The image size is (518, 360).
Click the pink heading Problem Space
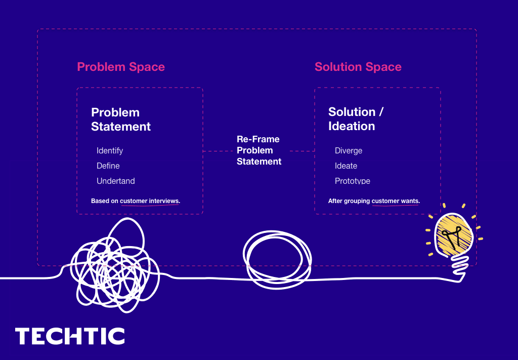pos(121,67)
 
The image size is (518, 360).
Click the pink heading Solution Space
pos(358,67)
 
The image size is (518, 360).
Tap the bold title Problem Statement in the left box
pos(121,119)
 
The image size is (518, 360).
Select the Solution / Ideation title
pos(356,119)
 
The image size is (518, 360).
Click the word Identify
pos(110,150)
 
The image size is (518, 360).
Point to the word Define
pos(108,166)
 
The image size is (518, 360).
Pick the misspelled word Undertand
pos(116,181)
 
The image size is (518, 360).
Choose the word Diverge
pos(349,150)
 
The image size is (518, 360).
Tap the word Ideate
pos(346,166)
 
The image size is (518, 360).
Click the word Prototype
pos(353,181)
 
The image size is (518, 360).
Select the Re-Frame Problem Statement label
pos(258,150)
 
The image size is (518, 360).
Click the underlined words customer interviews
pos(149,201)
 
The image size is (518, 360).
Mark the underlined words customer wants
pos(395,201)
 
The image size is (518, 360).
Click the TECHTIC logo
pos(70,336)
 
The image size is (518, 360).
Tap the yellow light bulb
pos(454,235)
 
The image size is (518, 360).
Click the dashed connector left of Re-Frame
pos(220,151)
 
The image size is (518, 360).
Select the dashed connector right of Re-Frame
pos(302,151)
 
